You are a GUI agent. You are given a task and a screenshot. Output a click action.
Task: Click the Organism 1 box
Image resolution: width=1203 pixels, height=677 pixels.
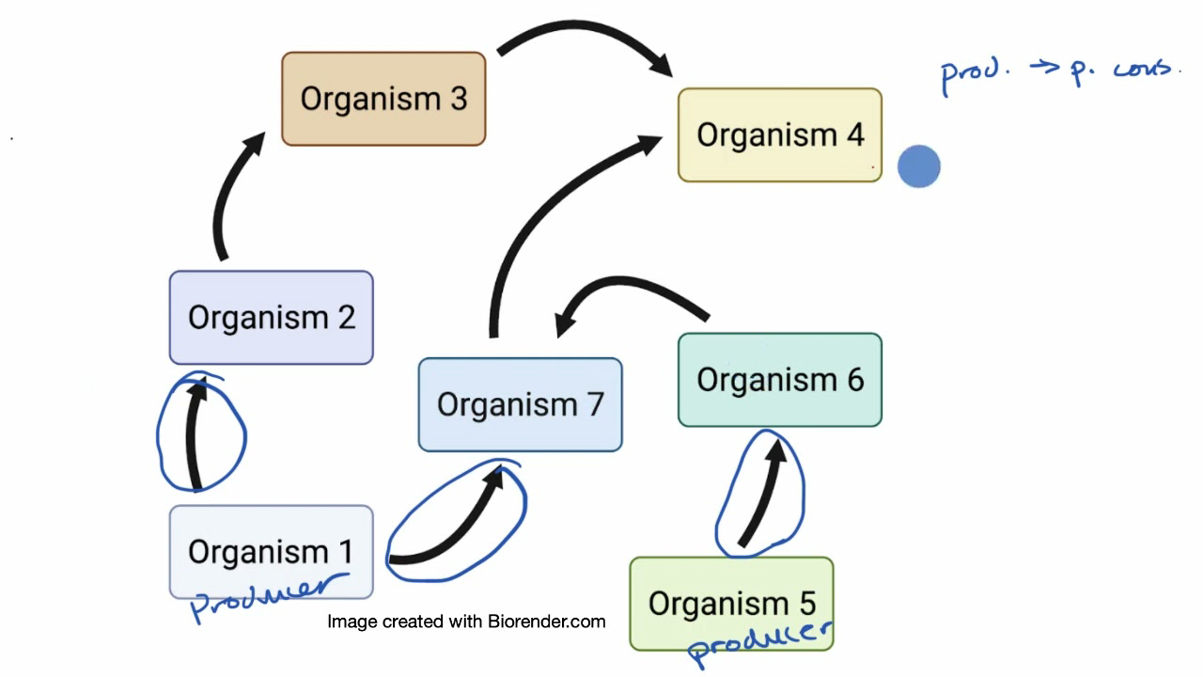(271, 551)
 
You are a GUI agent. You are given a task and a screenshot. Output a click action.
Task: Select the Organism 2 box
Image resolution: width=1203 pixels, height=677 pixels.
(271, 317)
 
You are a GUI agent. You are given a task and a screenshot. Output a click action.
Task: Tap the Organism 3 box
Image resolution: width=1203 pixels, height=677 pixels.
(383, 99)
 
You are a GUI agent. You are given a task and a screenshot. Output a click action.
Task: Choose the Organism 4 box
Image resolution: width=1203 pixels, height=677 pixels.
(780, 134)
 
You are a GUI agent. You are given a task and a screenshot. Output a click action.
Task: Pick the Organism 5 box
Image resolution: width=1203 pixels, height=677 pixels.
(731, 603)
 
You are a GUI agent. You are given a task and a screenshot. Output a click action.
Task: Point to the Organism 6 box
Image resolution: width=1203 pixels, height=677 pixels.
(780, 380)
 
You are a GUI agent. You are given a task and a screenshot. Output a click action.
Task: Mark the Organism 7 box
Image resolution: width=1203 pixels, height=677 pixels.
(520, 404)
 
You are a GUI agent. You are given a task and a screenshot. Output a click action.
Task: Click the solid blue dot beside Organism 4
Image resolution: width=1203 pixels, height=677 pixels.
(919, 167)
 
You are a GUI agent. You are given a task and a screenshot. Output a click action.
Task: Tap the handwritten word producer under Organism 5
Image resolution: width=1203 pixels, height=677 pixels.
(759, 641)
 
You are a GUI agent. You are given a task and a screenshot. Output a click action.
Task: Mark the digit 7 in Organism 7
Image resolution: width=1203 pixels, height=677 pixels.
(594, 404)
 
